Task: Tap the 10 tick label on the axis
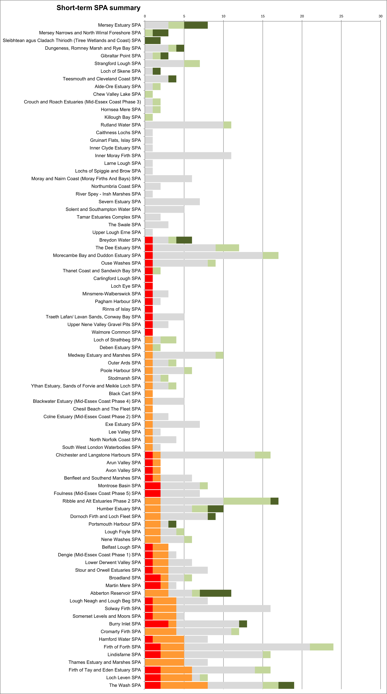tap(223, 16)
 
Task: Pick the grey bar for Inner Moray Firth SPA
tap(188, 156)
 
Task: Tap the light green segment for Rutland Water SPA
tap(227, 125)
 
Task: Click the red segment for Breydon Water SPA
tap(149, 240)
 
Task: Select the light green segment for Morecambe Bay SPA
tap(270, 255)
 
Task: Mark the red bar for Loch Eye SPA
tap(149, 286)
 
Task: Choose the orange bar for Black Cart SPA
tap(149, 394)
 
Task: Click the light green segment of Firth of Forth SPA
tap(322, 647)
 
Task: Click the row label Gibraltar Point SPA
tap(121, 56)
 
